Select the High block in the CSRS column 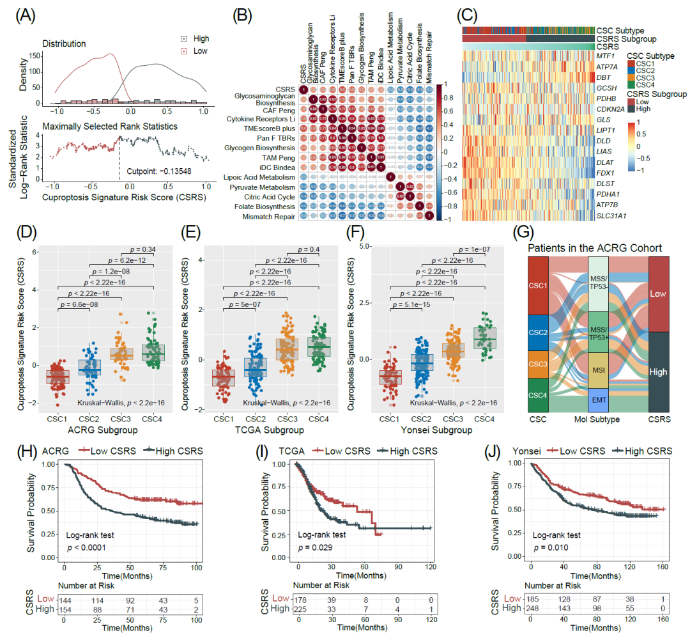(659, 371)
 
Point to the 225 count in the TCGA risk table (303, 608)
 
